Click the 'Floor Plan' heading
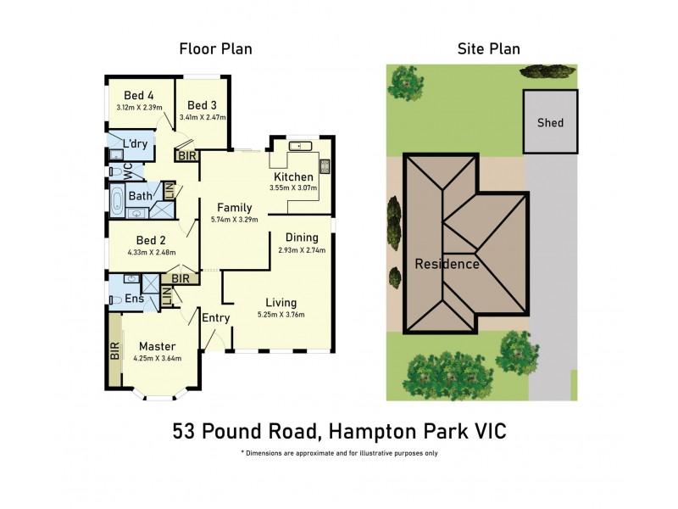(215, 48)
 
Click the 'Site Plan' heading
(488, 48)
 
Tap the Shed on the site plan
(550, 122)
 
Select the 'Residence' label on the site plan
(447, 264)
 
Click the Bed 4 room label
(139, 95)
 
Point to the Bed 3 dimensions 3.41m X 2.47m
(203, 117)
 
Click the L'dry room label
(136, 144)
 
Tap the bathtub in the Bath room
(118, 202)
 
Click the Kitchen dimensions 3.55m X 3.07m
(292, 187)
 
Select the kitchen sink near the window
(299, 147)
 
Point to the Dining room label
(302, 238)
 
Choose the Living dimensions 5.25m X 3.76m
(281, 315)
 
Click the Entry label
(215, 317)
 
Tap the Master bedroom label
(157, 346)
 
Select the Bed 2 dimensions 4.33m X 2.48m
(151, 252)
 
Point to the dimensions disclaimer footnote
(339, 453)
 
